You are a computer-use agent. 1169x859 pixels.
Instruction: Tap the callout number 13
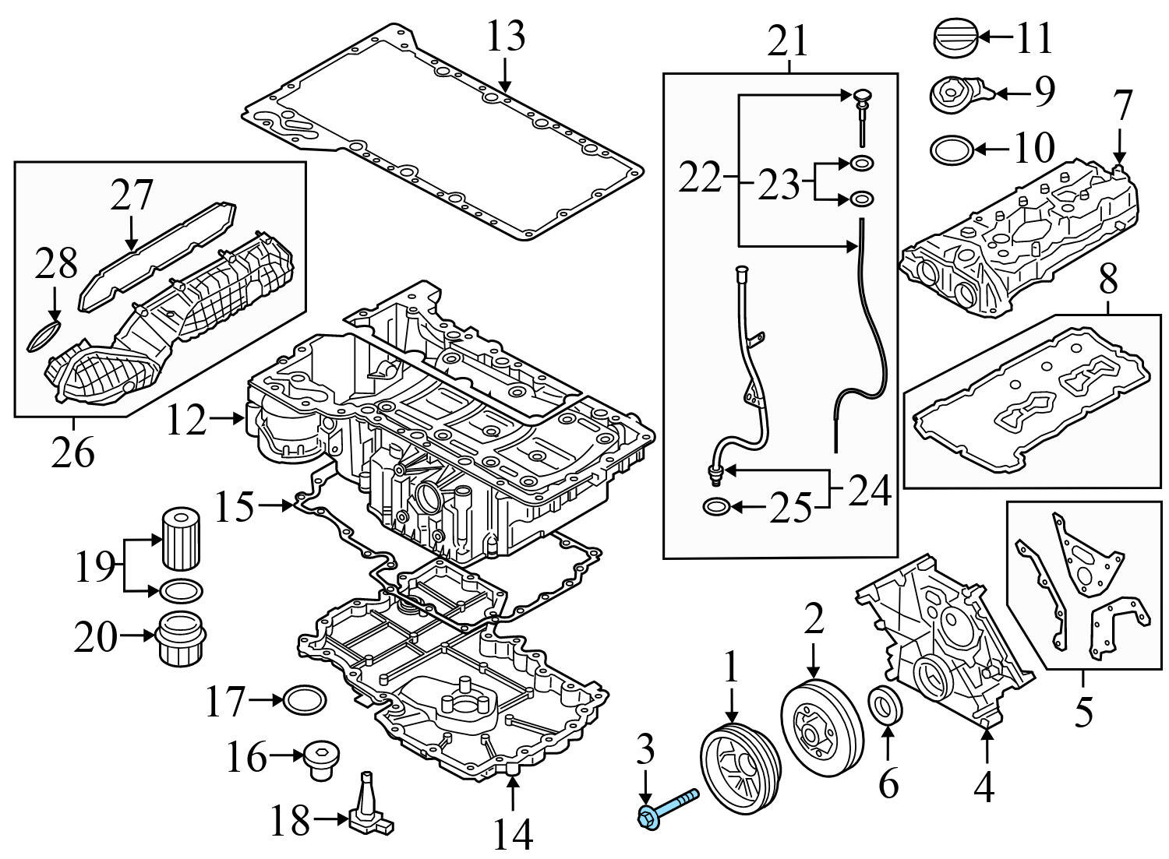506,37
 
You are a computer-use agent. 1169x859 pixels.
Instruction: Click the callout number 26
73,452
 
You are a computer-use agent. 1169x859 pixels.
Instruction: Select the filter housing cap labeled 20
180,640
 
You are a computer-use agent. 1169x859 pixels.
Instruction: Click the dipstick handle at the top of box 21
860,97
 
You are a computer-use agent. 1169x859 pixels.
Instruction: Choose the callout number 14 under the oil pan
513,835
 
